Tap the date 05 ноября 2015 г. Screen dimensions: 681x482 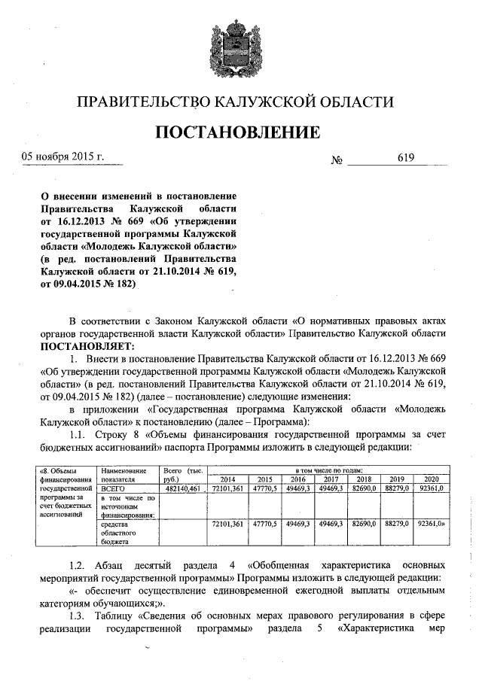(62, 157)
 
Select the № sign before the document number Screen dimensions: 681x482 (337, 160)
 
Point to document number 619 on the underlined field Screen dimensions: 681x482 (406, 157)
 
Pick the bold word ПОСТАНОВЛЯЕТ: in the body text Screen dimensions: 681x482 (87, 346)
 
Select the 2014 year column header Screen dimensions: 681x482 (227, 479)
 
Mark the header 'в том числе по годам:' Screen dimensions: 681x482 (328, 470)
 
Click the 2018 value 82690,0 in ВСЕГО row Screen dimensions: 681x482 (364, 488)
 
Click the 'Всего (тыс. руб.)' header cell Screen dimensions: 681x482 (182, 474)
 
